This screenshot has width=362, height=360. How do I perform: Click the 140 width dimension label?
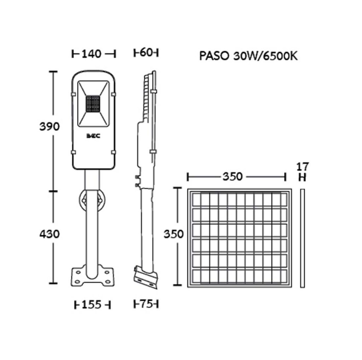click(92, 54)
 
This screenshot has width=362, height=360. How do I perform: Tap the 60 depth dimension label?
click(146, 53)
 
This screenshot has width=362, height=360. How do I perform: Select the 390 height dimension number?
click(49, 127)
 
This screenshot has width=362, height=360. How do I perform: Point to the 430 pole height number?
click(49, 234)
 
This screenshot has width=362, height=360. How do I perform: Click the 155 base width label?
click(92, 305)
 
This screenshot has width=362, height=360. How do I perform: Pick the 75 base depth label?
click(146, 304)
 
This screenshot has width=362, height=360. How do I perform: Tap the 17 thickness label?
click(303, 166)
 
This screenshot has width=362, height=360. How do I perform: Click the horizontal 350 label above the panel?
click(233, 177)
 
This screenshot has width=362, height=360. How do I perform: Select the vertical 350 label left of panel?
click(173, 234)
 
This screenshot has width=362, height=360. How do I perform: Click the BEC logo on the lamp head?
click(93, 136)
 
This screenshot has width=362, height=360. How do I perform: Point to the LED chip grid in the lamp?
click(93, 104)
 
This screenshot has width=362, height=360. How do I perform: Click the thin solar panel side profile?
click(303, 238)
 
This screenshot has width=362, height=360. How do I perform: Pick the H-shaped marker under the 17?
click(302, 178)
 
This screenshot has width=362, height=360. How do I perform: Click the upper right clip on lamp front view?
click(113, 94)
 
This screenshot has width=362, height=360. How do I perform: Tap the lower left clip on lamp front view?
click(73, 152)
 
